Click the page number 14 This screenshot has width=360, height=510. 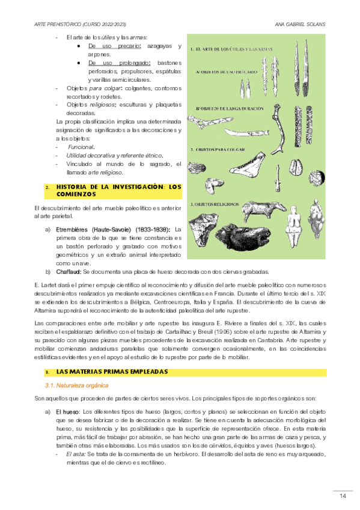pos(343,496)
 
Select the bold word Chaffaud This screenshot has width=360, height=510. pos(69,272)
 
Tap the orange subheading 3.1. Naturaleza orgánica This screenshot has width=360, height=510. pos(77,386)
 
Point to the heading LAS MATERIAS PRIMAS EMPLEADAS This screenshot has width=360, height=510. pos(112,372)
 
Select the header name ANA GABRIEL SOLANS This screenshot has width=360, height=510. pos(300,25)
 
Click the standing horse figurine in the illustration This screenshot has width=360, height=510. pos(264,210)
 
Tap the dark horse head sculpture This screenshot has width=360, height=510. pos(243,237)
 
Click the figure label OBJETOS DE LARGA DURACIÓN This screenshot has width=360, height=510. pos(230,109)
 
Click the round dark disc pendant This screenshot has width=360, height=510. pos(317,178)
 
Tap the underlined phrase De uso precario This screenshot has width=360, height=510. pos(114,46)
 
